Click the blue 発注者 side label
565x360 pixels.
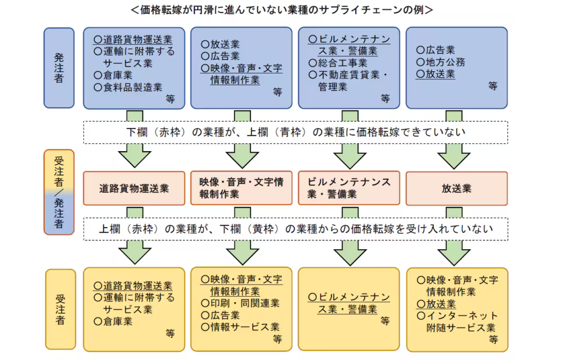click(59, 68)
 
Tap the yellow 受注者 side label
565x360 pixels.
click(60, 309)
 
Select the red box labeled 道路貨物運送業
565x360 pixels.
click(134, 189)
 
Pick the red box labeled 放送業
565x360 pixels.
click(456, 189)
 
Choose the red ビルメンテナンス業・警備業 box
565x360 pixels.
click(349, 189)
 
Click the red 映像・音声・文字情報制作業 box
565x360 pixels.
click(241, 189)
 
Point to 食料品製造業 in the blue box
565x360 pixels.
click(128, 87)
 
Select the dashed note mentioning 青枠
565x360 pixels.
click(295, 132)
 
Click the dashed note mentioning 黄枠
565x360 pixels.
click(295, 229)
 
